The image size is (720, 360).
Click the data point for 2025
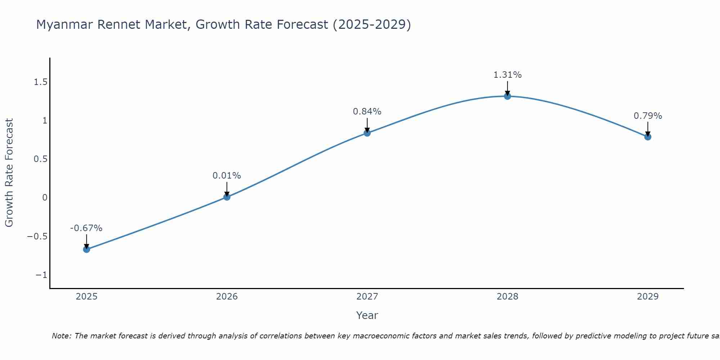coord(86,249)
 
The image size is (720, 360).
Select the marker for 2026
coord(227,197)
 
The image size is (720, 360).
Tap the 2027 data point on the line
coord(367,133)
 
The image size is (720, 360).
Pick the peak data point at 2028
coord(507,96)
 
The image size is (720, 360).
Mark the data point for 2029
coord(648,137)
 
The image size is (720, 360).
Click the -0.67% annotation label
coord(86,228)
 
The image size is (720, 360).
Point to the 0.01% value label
coord(226,176)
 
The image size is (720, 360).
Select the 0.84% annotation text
coord(367,112)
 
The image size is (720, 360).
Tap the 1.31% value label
coord(507,75)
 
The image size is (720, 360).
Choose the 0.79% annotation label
coord(648,116)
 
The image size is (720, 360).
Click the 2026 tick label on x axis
coord(227,297)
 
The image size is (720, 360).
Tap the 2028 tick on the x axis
coord(507,297)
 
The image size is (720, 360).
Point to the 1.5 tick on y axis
coord(41,82)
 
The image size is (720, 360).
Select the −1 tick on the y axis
coord(41,275)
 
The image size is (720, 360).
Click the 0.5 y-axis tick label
coord(41,159)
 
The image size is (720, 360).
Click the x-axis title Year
coord(367,315)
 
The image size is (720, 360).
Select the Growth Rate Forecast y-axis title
coord(9,173)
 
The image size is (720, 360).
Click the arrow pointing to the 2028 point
coord(507,88)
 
